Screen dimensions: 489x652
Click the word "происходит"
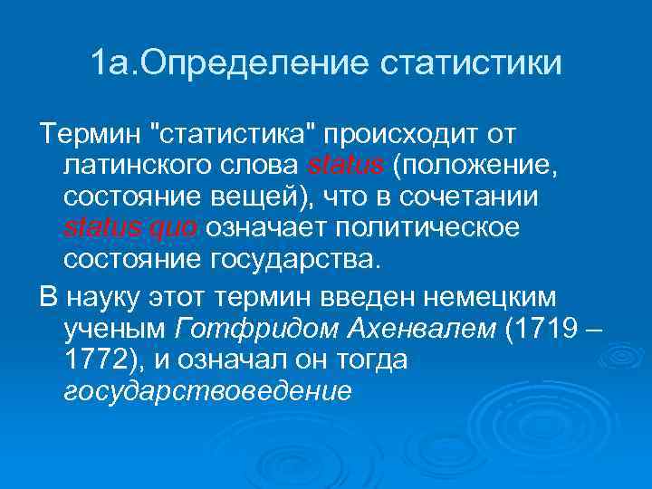pyautogui.click(x=402, y=136)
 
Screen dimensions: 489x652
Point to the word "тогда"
pyautogui.click(x=369, y=360)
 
